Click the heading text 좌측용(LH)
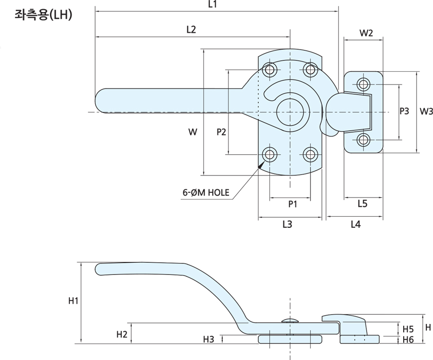(x=43, y=15)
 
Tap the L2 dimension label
(x=191, y=30)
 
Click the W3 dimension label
(x=426, y=112)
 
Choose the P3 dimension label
(x=405, y=112)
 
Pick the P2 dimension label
(x=221, y=132)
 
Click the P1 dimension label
(x=293, y=204)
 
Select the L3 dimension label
(x=287, y=224)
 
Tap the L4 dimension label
(x=355, y=224)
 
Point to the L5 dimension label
(x=363, y=204)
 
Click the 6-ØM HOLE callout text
(x=206, y=194)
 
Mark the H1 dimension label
(x=73, y=301)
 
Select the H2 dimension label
(x=122, y=334)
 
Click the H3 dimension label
(x=208, y=339)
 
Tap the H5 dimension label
(x=408, y=329)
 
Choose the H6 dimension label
(x=408, y=339)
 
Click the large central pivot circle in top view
(x=290, y=112)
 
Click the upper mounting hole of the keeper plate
(x=364, y=85)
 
